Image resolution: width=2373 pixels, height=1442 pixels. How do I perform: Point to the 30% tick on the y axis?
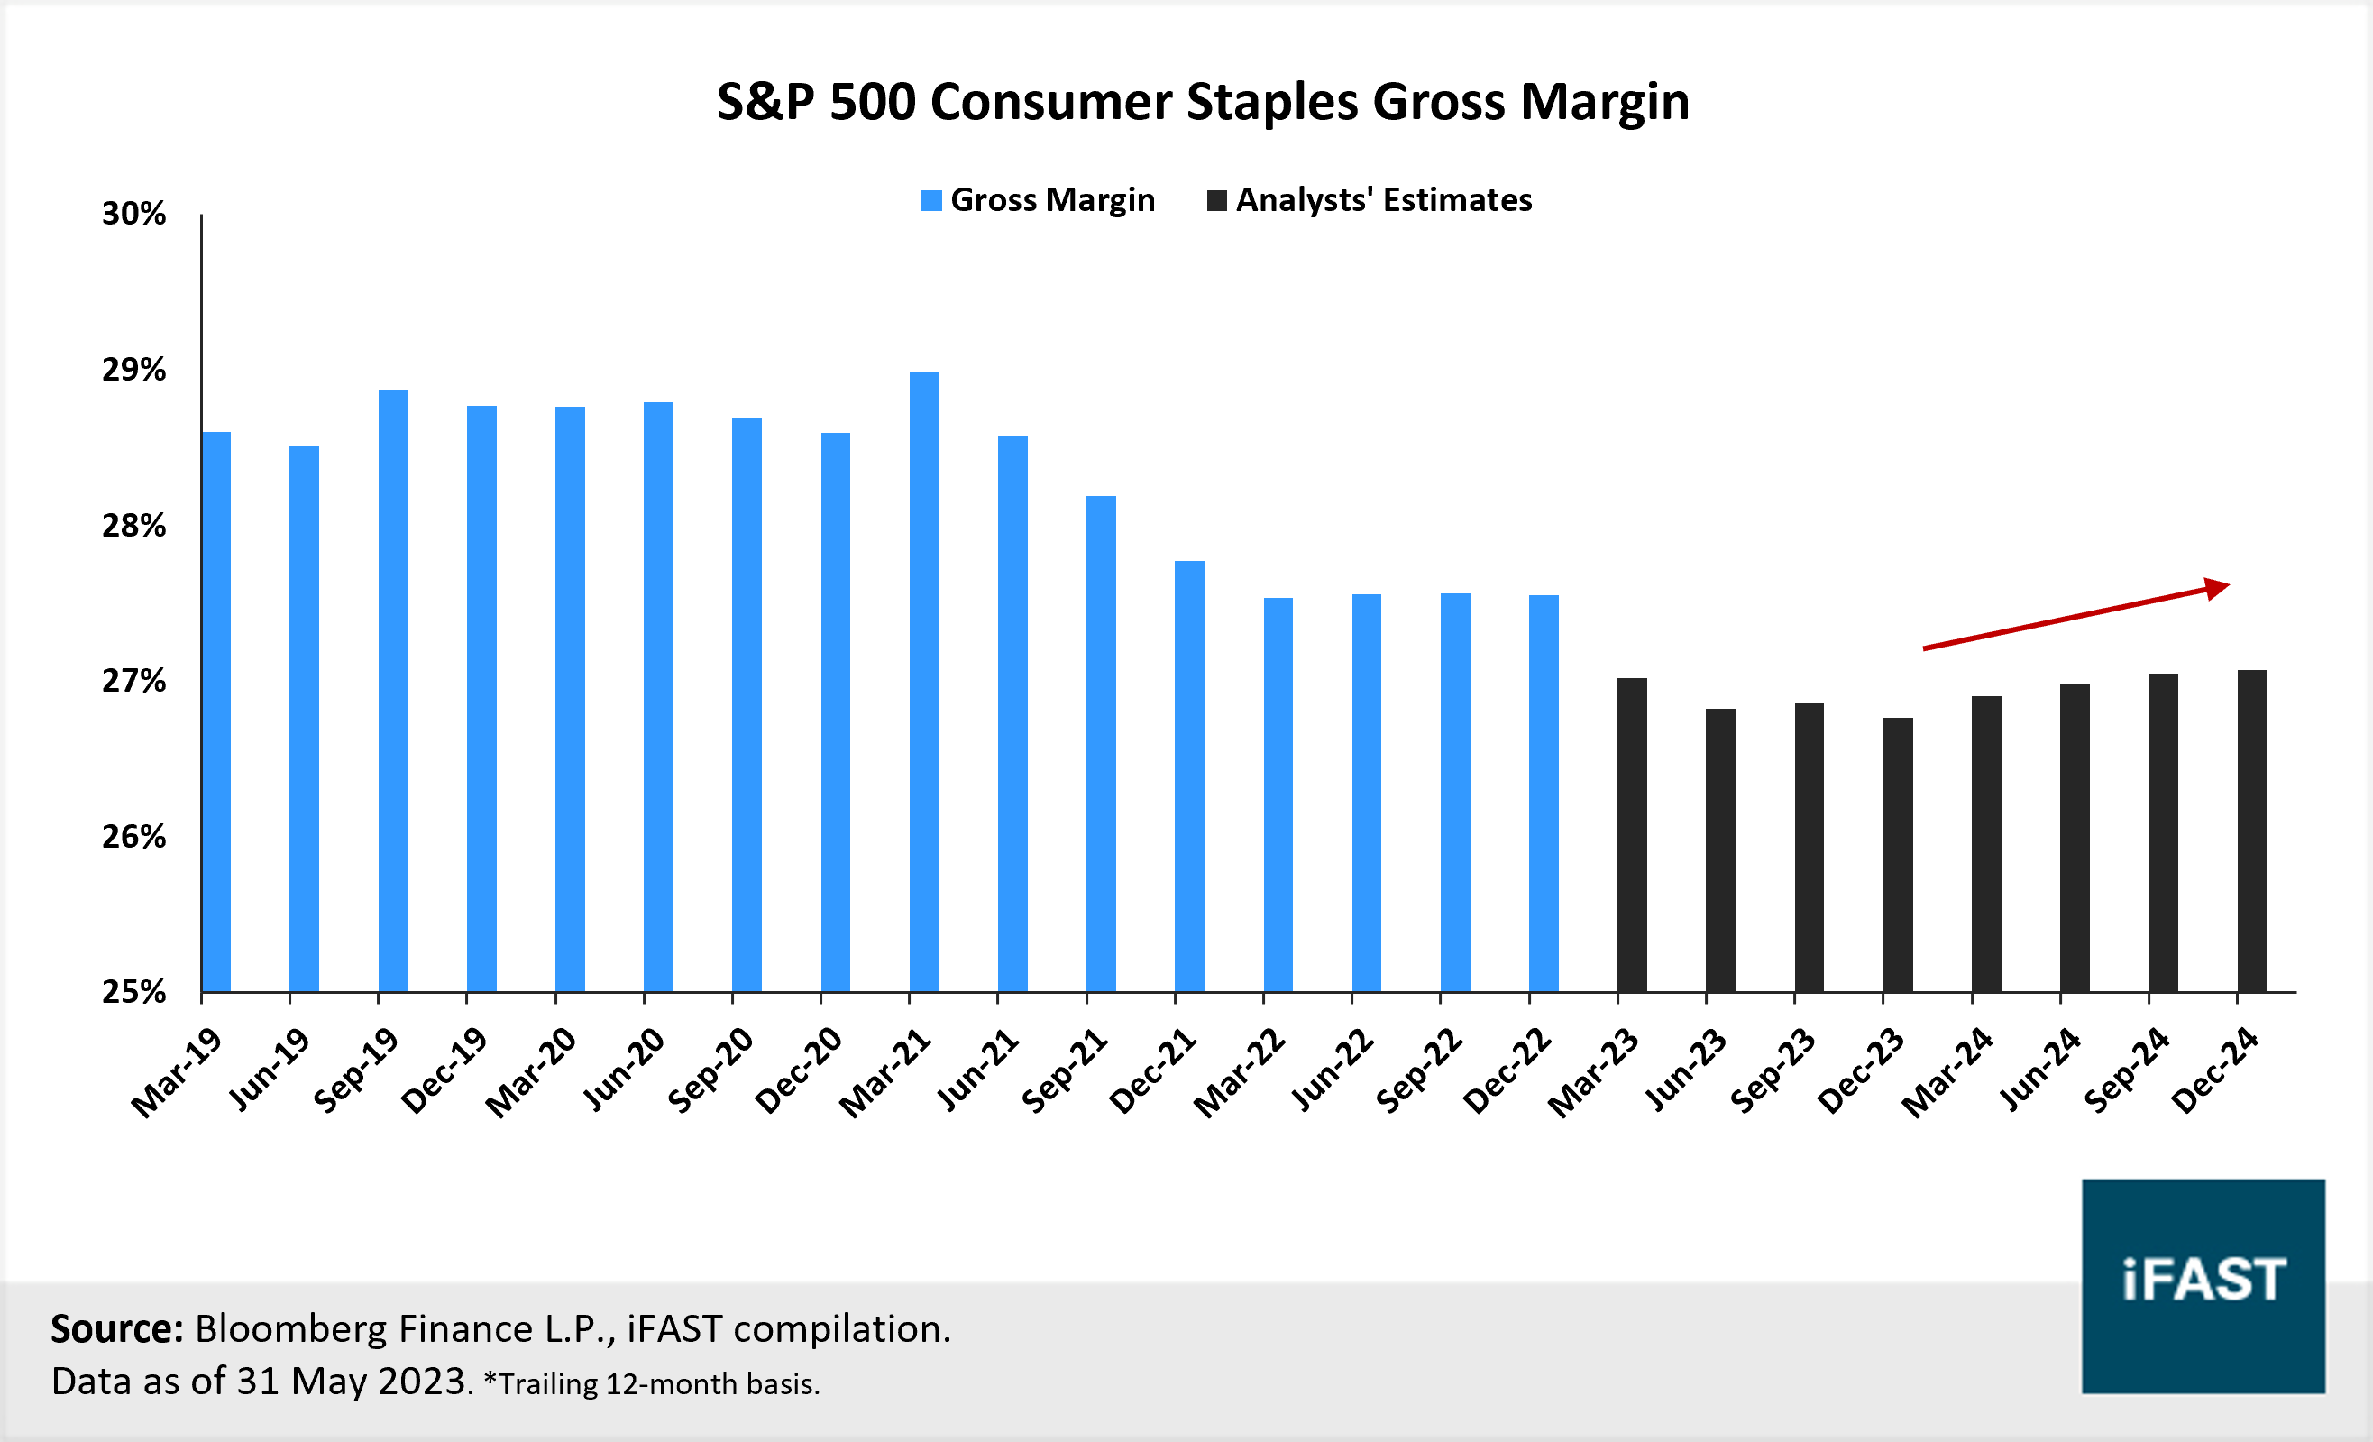point(133,214)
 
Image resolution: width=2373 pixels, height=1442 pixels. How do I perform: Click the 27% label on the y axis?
point(133,682)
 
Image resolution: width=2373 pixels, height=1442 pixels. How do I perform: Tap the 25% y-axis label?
point(133,992)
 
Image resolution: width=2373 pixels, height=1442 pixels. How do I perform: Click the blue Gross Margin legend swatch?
point(931,200)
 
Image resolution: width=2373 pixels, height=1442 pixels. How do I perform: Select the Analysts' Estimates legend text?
point(1383,200)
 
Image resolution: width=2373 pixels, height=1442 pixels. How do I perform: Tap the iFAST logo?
point(2203,1285)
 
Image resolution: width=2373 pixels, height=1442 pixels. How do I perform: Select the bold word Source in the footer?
point(115,1329)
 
